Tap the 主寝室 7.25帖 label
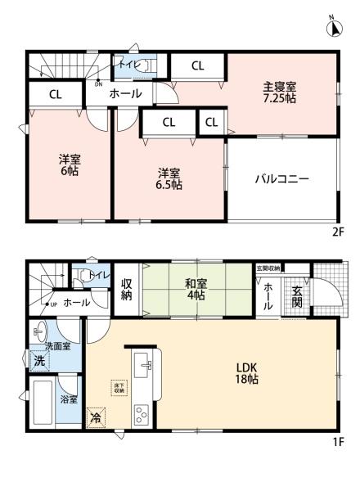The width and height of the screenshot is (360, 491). [x=280, y=91]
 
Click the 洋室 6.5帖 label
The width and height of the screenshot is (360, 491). [x=169, y=178]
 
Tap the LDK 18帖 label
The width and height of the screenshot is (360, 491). [x=247, y=373]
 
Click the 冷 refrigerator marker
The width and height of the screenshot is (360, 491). [x=97, y=416]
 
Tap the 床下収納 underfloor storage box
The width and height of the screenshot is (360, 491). [x=119, y=387]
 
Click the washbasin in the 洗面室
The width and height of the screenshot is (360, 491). [x=42, y=333]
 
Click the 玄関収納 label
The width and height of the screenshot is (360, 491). [x=268, y=268]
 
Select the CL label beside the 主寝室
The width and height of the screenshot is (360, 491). [x=198, y=65]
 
